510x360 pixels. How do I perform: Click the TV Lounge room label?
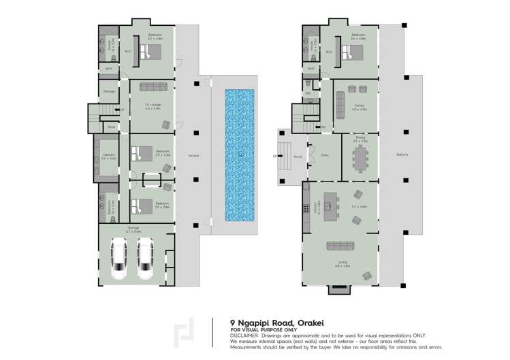tap(152, 103)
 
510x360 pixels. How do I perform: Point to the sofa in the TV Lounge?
tap(152, 86)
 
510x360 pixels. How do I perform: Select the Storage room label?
tap(109, 91)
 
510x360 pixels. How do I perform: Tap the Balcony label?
tap(402, 154)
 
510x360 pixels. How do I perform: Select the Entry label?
tap(325, 154)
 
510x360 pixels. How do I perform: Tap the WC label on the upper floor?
tap(308, 93)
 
